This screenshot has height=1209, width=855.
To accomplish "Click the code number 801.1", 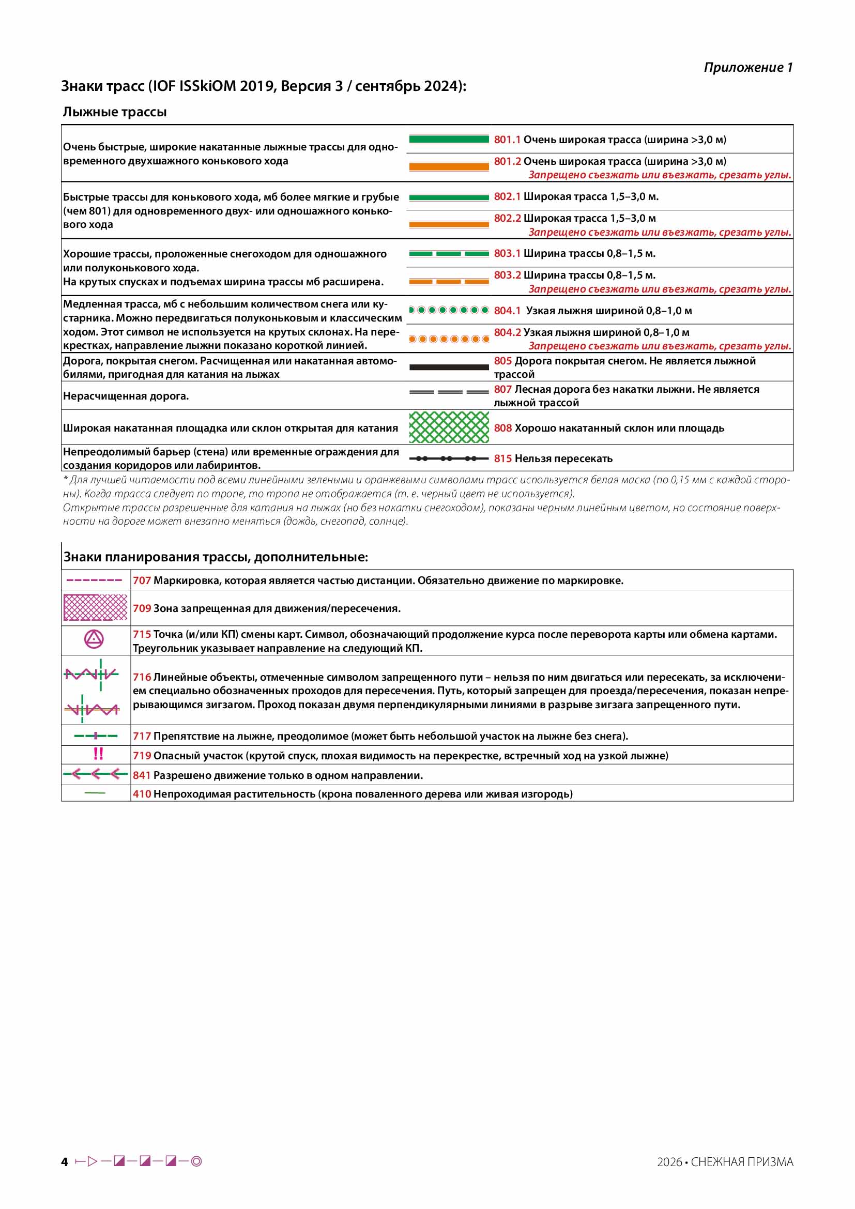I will [x=507, y=140].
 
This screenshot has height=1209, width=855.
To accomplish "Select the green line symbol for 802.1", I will [x=449, y=197].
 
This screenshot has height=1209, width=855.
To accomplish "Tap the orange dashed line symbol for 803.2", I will [x=449, y=282].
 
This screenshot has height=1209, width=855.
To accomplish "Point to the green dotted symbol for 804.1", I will [x=449, y=310].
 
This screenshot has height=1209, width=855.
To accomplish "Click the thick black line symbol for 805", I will [x=449, y=367].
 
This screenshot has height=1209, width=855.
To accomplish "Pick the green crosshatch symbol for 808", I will [x=449, y=427].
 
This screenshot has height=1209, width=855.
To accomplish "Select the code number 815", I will [x=502, y=458].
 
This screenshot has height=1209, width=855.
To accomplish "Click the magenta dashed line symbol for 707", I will [x=94, y=580].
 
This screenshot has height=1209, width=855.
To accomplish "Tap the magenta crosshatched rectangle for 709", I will [x=95, y=608].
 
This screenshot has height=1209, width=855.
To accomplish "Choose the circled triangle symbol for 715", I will [x=94, y=639].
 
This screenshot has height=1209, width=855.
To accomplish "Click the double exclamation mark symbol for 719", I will [x=98, y=754].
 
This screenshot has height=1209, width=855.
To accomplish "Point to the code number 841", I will [x=142, y=776].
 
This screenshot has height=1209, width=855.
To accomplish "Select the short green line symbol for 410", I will [x=95, y=793].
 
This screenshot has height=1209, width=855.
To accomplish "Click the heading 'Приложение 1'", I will [x=747, y=67].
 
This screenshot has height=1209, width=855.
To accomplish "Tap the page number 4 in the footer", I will [x=65, y=1162].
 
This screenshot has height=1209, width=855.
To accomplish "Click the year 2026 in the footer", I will [x=669, y=1162].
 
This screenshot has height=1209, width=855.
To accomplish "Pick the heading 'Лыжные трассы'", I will [x=115, y=112].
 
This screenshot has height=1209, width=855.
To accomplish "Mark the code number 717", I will [x=142, y=736].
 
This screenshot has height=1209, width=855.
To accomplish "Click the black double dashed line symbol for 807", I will [x=449, y=392].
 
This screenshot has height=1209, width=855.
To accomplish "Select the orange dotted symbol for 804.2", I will [x=449, y=339].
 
